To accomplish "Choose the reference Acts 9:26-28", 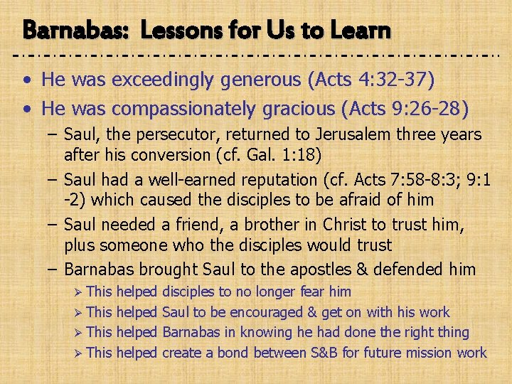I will point(401,108).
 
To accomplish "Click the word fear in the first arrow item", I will point(313,292).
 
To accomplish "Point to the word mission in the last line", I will point(424,353).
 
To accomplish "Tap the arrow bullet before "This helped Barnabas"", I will point(78,333).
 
